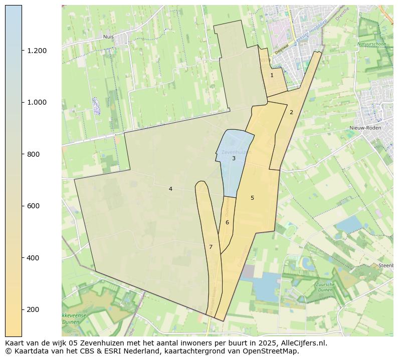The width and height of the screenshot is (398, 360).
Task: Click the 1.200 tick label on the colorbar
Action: [x=37, y=51]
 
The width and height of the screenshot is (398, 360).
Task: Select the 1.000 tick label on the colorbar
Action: [x=37, y=102]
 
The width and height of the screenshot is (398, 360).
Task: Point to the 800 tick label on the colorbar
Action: [x=34, y=154]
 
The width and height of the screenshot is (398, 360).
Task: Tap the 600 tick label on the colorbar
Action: [x=34, y=206]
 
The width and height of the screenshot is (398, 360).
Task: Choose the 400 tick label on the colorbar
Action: [x=34, y=258]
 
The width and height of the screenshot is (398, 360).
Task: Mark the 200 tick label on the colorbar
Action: [x=34, y=309]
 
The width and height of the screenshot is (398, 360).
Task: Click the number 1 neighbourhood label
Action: [x=272, y=75]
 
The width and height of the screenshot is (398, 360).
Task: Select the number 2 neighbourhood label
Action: [x=291, y=112]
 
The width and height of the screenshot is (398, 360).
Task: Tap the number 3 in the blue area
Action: [x=234, y=158]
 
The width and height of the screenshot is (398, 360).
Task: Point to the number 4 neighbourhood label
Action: [x=170, y=189]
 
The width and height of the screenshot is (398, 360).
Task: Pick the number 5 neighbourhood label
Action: [x=252, y=198]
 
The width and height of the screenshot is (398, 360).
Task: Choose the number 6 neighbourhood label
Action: [x=227, y=222]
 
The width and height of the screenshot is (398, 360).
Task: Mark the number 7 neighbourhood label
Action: [x=211, y=247]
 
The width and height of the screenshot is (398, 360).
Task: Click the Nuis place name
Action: [x=108, y=37]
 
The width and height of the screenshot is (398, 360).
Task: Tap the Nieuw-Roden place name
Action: [x=365, y=128]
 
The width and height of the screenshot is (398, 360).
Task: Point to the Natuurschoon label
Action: [x=371, y=44]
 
